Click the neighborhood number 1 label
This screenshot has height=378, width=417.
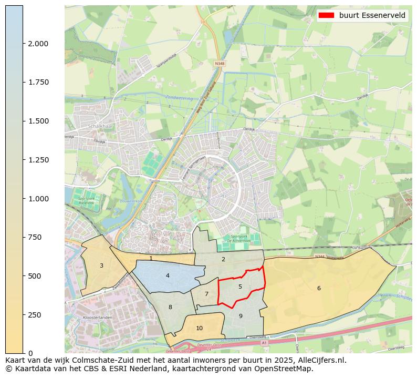pos(151,258)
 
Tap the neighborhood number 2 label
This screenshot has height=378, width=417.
pos(223,259)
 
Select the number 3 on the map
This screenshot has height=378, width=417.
pos(101,265)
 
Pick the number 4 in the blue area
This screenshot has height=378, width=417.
pos(168,275)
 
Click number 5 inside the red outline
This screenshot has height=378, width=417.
pos(240,287)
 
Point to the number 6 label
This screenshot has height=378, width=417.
pos(319,288)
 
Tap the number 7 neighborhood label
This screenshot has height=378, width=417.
pos(206,294)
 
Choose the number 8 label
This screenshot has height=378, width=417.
pos(170,307)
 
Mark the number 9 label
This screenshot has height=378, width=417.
pos(241,316)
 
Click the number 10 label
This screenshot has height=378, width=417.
pos(199,328)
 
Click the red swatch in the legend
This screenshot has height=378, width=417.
pos(327,15)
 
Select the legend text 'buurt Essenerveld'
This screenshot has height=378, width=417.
pos(372,15)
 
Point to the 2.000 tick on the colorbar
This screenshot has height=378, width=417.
pos(38,44)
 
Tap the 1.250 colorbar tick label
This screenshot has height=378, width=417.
pos(38,160)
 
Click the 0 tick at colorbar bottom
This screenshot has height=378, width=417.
pos(30,353)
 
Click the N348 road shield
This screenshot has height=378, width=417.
pos(219,63)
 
